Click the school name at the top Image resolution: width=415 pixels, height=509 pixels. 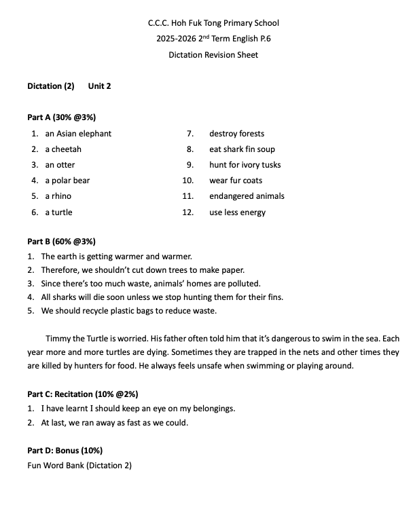[213, 23]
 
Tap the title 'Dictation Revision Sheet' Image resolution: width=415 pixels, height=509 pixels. [213, 55]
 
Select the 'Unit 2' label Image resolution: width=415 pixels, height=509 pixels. [99, 86]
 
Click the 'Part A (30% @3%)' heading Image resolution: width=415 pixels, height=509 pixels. [61, 117]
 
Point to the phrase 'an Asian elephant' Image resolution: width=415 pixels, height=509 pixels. [78, 134]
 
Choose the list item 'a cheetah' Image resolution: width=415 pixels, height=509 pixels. [63, 149]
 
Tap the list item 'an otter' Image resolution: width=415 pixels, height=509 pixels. [60, 165]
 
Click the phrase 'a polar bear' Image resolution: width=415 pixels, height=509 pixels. [67, 181]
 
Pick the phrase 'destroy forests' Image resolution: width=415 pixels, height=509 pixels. [237, 134]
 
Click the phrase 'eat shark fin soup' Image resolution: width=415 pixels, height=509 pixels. [242, 149]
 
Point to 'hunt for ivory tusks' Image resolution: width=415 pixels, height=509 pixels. [245, 165]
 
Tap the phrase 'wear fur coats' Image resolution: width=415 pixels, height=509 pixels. [236, 181]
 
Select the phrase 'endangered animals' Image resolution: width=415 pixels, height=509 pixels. [247, 196]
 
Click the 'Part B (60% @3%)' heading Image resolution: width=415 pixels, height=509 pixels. [61, 242]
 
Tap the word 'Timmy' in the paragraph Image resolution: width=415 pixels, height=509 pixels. [57, 338]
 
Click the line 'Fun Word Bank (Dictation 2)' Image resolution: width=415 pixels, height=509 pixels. [79, 466]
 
